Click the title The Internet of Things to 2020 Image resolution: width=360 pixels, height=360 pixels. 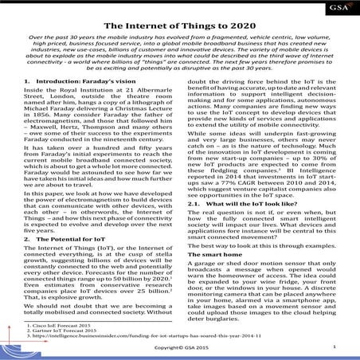179,23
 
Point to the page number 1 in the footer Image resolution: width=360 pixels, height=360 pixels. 334,349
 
